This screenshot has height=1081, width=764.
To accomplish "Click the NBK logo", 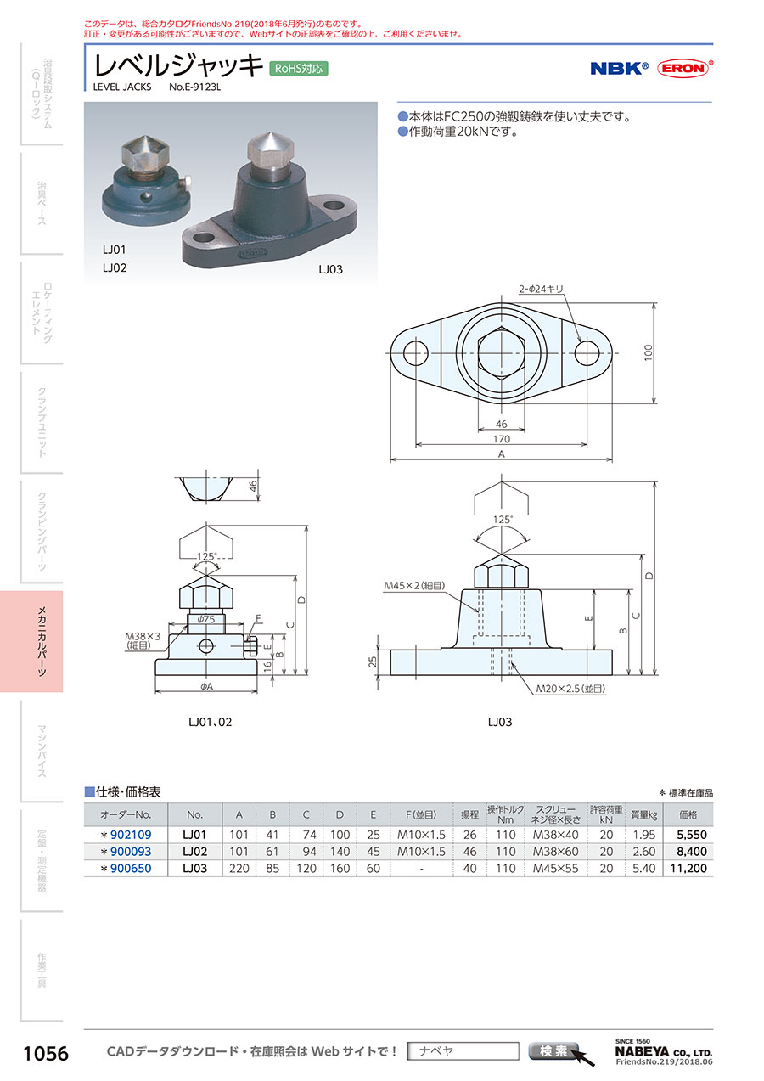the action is pyautogui.click(x=620, y=68).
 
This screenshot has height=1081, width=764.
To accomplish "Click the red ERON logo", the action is pyautogui.click(x=684, y=68).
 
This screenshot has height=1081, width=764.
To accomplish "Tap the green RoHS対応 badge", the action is pyautogui.click(x=298, y=69).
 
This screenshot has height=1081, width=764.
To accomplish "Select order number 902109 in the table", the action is pyautogui.click(x=131, y=835).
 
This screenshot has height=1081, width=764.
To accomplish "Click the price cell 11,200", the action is pyautogui.click(x=688, y=868).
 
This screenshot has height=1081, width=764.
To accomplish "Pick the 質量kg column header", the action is pyautogui.click(x=644, y=814).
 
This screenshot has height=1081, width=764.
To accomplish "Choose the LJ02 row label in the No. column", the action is pyautogui.click(x=194, y=852).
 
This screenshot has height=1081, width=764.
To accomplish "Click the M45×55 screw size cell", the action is pyautogui.click(x=555, y=868).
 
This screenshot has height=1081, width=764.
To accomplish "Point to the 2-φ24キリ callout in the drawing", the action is pyautogui.click(x=541, y=289).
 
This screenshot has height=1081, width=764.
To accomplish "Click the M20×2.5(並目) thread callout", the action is pyautogui.click(x=570, y=689).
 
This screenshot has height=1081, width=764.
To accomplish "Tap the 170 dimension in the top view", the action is pyautogui.click(x=501, y=439).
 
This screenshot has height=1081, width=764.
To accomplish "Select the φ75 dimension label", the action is pyautogui.click(x=206, y=619).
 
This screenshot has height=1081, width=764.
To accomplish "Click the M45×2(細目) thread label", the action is pyautogui.click(x=414, y=586).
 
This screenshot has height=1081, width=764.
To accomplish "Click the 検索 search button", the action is pyautogui.click(x=553, y=1050).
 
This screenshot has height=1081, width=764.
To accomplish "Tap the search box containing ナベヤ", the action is pyautogui.click(x=463, y=1050).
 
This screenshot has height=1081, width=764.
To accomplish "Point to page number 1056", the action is pyautogui.click(x=46, y=1054).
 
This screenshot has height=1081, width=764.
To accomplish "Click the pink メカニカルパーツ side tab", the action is pyautogui.click(x=31, y=641).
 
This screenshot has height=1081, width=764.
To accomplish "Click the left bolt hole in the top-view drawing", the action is pyautogui.click(x=415, y=353).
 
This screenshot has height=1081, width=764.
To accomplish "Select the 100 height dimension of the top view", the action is pyautogui.click(x=649, y=352).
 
